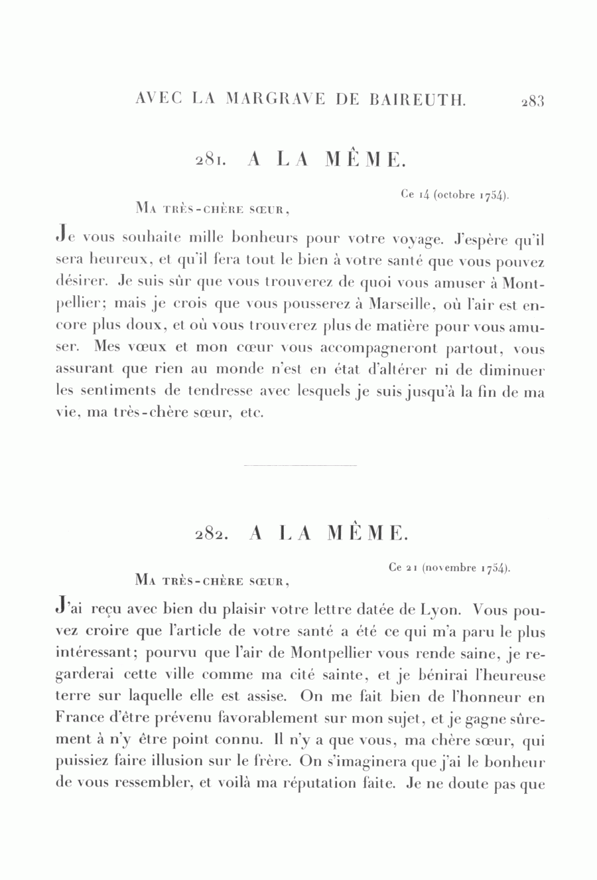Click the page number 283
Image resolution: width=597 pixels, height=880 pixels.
pyautogui.click(x=533, y=101)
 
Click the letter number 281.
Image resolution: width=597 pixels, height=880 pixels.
pyautogui.click(x=211, y=161)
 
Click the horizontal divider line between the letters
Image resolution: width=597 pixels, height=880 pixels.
pyautogui.click(x=300, y=466)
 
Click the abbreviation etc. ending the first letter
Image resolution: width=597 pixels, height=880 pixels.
pyautogui.click(x=254, y=413)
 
